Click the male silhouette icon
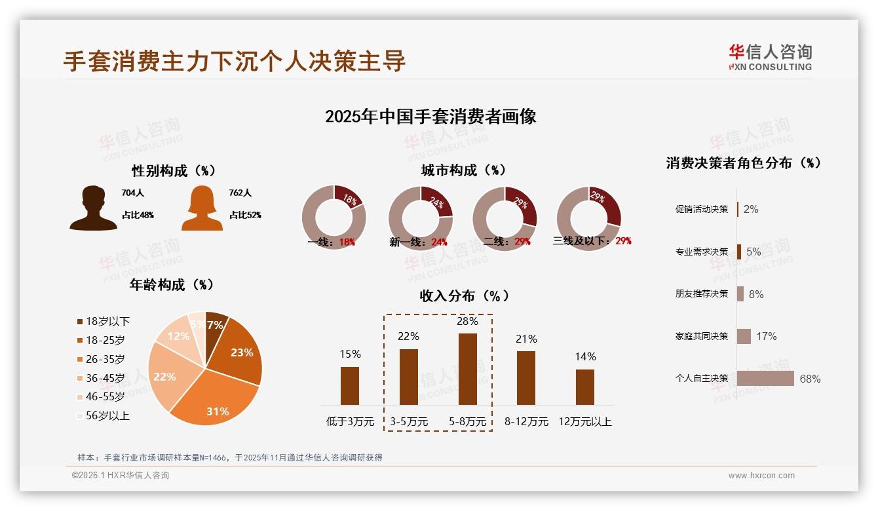(x=93, y=208)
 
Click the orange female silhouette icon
(x=201, y=208)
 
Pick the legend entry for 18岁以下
(x=103, y=321)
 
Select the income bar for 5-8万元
(x=467, y=369)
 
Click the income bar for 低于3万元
(x=350, y=385)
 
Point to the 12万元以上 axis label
(x=584, y=422)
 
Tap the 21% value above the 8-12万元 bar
(x=526, y=339)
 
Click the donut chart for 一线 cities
(x=334, y=218)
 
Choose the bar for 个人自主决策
(x=765, y=379)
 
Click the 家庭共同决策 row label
(x=702, y=336)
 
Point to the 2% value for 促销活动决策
(x=751, y=209)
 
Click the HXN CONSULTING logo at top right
(x=770, y=58)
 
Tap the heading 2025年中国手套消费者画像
(x=430, y=117)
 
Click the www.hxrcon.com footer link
(x=761, y=476)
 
